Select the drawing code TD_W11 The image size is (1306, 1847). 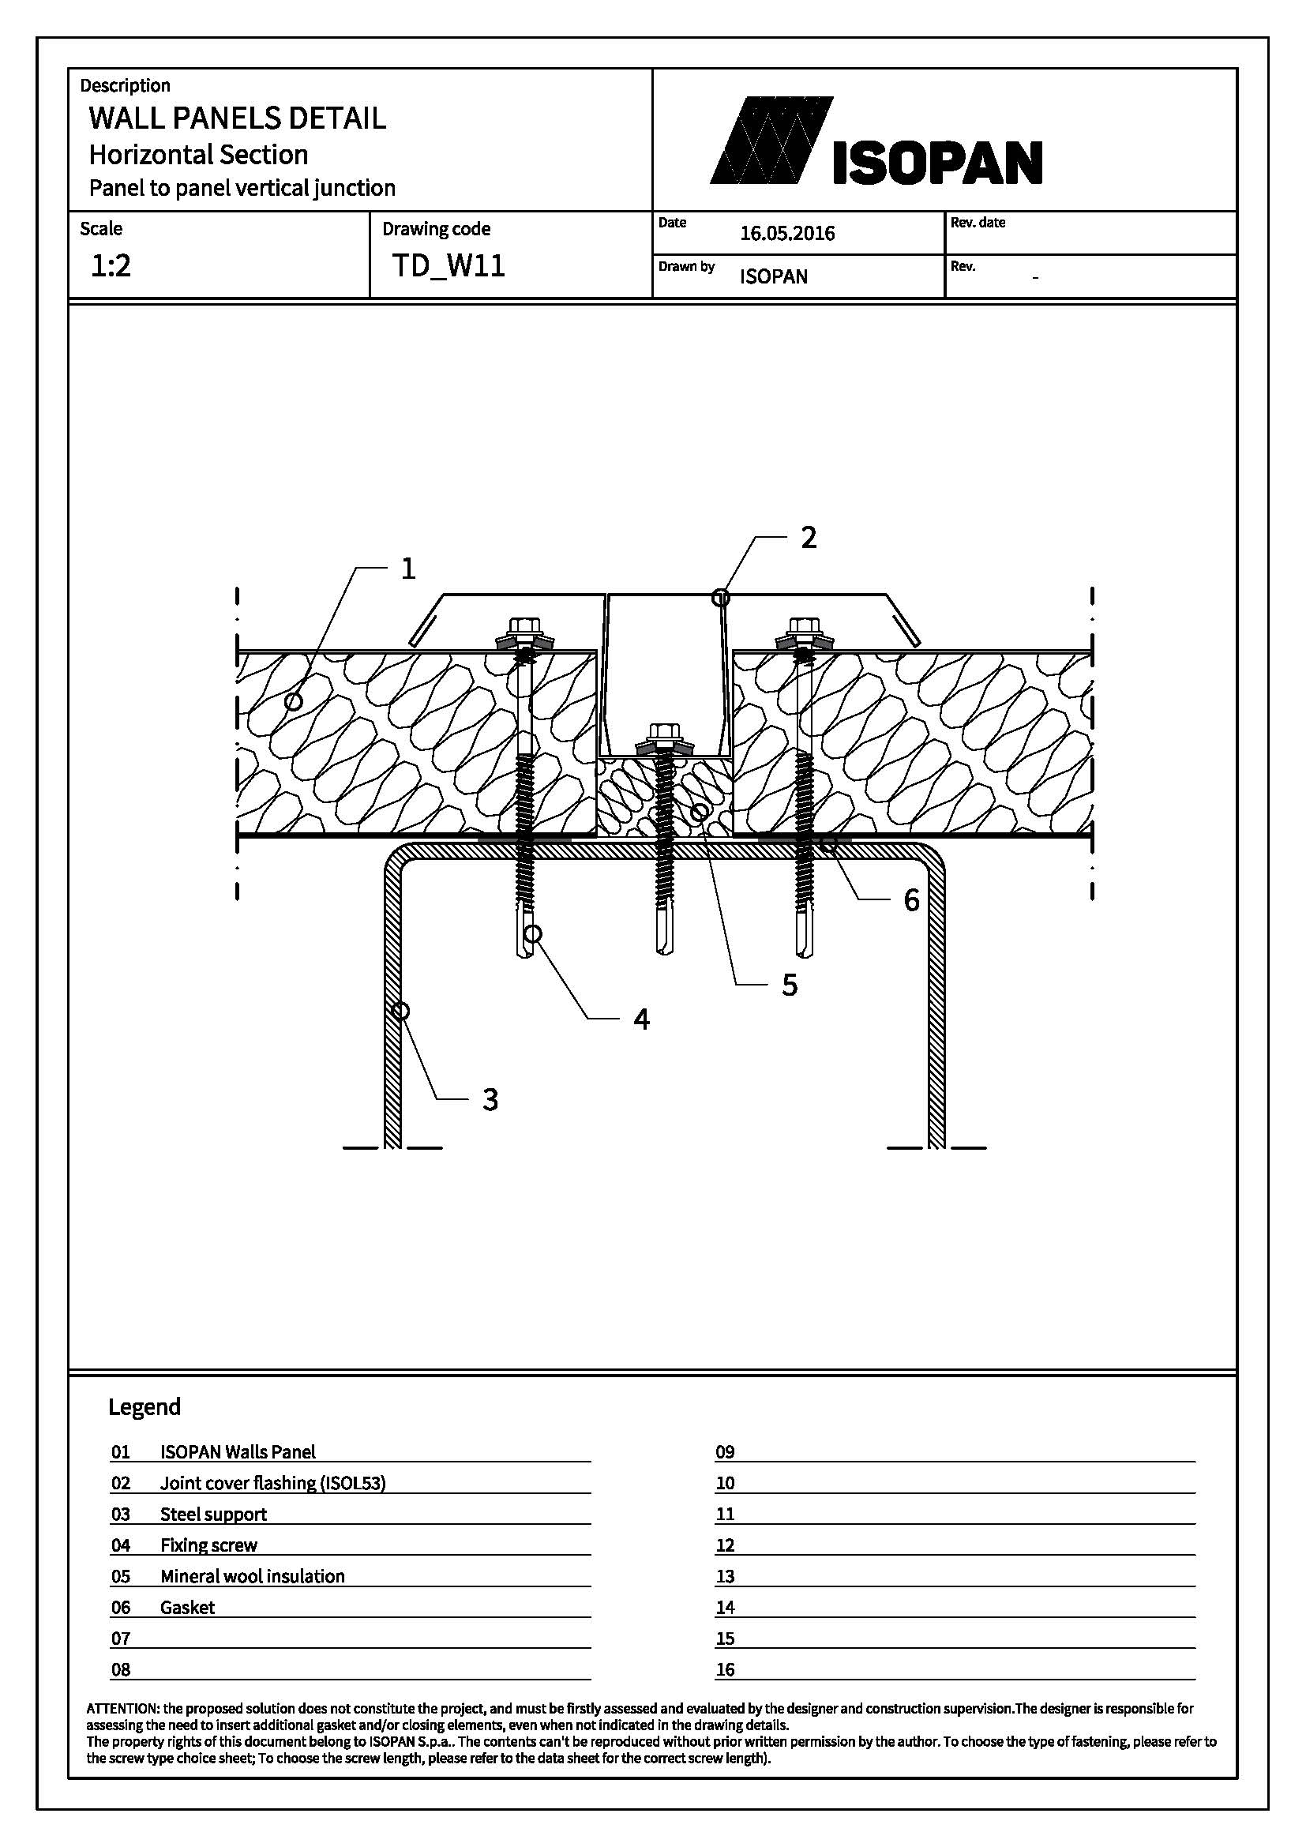[448, 265]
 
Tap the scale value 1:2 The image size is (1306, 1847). [111, 265]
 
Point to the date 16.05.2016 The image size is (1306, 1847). [787, 233]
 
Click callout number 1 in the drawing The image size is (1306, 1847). [408, 569]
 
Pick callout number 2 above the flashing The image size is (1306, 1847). [809, 538]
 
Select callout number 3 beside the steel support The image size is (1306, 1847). [490, 1099]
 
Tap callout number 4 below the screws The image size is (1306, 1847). [641, 1019]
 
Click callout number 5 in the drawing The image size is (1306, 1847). [790, 985]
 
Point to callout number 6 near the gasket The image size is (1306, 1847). [911, 900]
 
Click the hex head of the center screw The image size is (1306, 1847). [663, 732]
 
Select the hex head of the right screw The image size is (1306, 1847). [801, 626]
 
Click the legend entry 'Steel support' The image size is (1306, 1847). [213, 1515]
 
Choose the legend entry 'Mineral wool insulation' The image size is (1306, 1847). [253, 1577]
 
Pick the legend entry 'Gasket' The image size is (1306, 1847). [187, 1608]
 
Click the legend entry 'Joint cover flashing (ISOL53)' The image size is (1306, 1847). [272, 1484]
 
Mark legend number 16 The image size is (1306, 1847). [726, 1670]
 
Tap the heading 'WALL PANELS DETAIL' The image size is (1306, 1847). [237, 118]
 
